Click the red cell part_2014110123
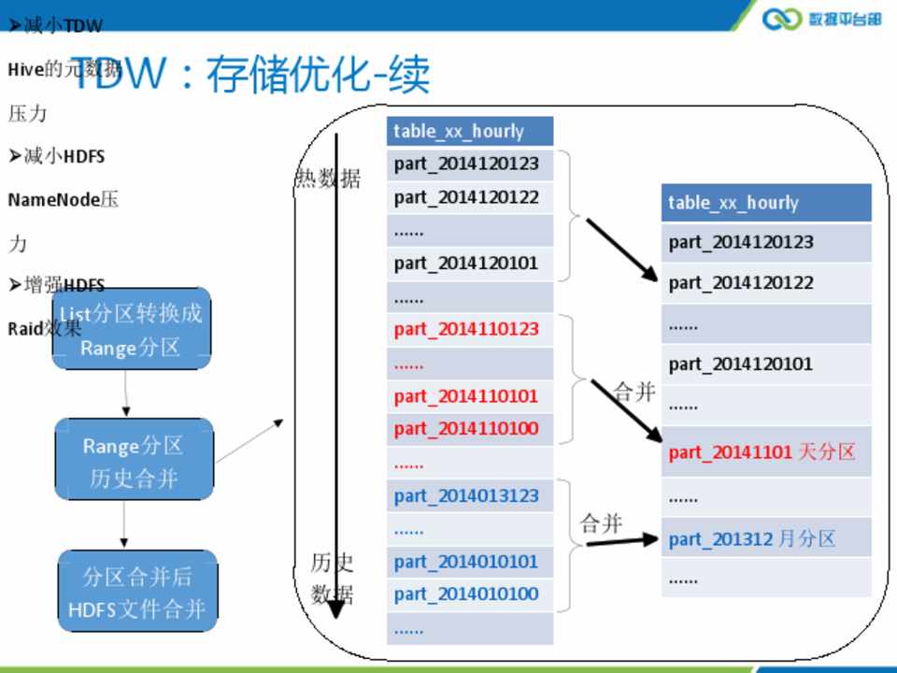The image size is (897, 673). click(467, 329)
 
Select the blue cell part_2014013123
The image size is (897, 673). click(467, 495)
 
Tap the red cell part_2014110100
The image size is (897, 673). click(467, 429)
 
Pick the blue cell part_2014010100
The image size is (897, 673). click(467, 594)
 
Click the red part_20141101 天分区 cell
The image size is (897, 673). click(762, 452)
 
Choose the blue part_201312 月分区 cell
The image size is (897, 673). click(753, 539)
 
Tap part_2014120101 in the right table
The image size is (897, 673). click(741, 364)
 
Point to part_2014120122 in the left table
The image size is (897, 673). click(467, 196)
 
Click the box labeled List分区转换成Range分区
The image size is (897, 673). click(131, 330)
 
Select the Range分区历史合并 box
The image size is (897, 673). click(134, 462)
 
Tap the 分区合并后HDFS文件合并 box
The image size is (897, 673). click(137, 593)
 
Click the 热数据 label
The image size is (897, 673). click(328, 179)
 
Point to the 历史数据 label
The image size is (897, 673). click(333, 579)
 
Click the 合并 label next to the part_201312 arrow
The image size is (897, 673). click(601, 523)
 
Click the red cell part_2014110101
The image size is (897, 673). click(467, 396)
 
